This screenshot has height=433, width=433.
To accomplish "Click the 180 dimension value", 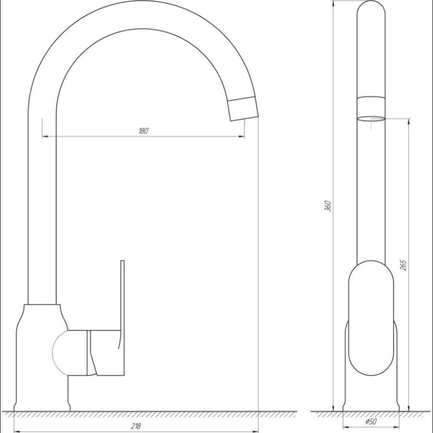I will (x=143, y=131).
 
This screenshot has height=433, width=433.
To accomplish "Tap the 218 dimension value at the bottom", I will (x=136, y=426).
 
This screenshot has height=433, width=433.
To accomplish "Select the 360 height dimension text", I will (x=328, y=206).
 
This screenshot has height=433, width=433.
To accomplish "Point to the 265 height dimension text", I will (x=403, y=265).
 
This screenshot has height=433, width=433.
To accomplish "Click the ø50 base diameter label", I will (x=370, y=421).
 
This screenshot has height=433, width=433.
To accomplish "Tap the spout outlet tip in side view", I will (x=243, y=109).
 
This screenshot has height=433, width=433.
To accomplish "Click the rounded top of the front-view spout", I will (x=371, y=10).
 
